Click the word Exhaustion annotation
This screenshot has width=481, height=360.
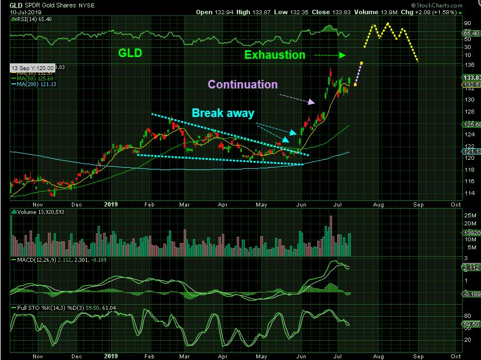[274, 55]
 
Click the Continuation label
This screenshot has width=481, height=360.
[242, 84]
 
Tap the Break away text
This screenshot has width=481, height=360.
[223, 113]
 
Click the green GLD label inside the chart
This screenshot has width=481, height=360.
[130, 53]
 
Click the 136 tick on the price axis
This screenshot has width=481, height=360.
[467, 64]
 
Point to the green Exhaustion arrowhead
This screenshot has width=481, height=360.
[342, 55]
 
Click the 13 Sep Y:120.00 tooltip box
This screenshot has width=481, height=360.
[33, 67]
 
